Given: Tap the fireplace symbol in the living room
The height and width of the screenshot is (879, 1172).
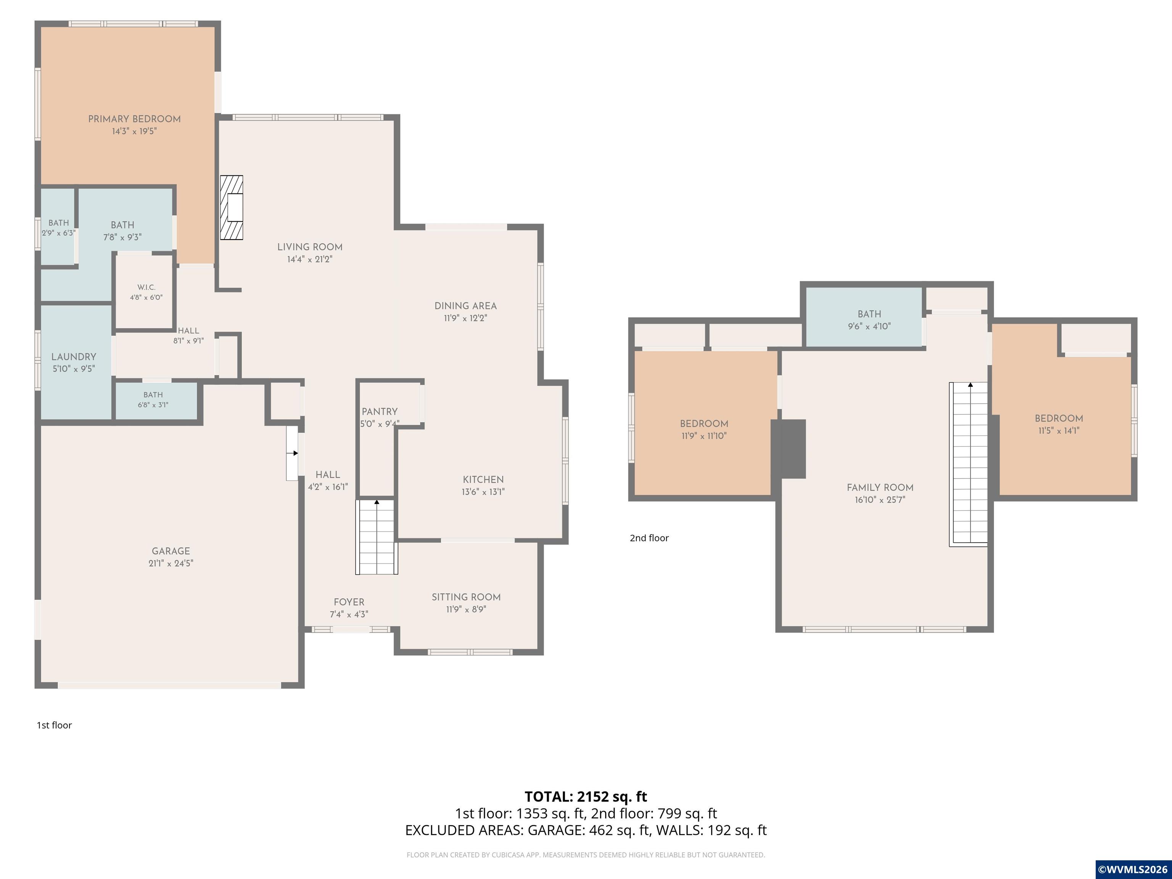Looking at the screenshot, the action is [232, 207].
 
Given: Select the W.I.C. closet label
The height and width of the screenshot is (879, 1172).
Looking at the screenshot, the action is [146, 287].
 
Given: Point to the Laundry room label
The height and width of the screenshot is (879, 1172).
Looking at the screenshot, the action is [74, 357].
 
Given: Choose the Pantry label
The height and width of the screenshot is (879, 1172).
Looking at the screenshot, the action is [379, 412].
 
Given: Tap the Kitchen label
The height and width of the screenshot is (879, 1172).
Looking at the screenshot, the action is [483, 480].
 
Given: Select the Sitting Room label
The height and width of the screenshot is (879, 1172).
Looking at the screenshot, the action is [466, 597].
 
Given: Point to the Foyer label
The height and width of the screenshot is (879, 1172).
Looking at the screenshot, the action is [349, 602].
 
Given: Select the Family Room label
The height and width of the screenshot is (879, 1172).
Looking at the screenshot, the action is [880, 488].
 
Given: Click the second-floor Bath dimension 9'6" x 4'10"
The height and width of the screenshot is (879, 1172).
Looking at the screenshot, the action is [869, 326].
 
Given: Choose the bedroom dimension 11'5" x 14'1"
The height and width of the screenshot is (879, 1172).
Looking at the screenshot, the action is [1059, 431].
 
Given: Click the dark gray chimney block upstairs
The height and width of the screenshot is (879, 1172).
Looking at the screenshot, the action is [789, 449].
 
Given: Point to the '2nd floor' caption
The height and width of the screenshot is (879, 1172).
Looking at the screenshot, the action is [649, 538].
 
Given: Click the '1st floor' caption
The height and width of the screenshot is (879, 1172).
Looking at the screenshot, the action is [54, 725].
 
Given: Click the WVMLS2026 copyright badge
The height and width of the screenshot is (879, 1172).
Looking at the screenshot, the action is [1133, 869].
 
